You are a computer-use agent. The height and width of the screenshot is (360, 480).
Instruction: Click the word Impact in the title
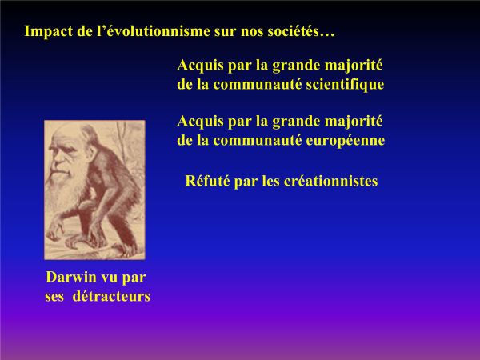pyautogui.click(x=49, y=31)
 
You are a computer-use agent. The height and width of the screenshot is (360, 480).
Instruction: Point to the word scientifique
pyautogui.click(x=345, y=85)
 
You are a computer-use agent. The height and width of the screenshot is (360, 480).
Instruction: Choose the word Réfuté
pyautogui.click(x=207, y=181)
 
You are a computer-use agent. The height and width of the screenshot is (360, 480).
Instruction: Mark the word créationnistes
pyautogui.click(x=330, y=181)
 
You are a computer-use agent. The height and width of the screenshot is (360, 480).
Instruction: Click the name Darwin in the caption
pyautogui.click(x=71, y=277)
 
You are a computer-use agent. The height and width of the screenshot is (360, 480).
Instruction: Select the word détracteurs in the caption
pyautogui.click(x=111, y=296)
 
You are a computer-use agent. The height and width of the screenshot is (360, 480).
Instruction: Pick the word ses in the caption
pyautogui.click(x=54, y=297)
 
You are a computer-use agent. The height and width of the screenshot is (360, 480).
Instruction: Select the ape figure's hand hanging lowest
pyautogui.click(x=56, y=229)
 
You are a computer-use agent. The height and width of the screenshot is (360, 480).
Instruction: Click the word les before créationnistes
pyautogui.click(x=271, y=181)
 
